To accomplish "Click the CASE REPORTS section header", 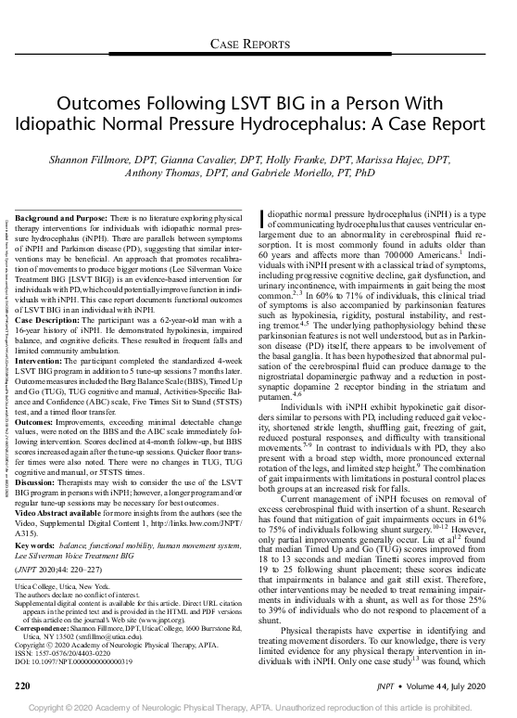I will [x=258, y=44].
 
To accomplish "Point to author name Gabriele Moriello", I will [x=309, y=173].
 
